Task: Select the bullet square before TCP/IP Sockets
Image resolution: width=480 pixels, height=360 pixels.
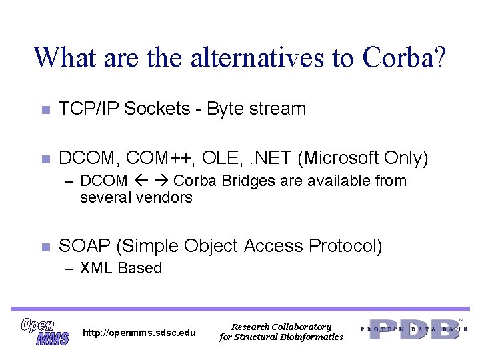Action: point(45,110)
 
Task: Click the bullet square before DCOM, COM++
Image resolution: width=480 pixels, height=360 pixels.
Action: point(45,159)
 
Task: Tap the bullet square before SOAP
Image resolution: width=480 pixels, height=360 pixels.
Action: point(45,247)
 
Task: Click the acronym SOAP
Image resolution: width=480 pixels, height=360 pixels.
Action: point(85,246)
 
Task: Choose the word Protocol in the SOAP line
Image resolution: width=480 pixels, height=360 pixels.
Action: point(345,246)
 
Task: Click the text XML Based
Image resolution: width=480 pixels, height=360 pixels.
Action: point(121,268)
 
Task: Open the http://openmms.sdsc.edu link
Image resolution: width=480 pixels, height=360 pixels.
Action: point(139,333)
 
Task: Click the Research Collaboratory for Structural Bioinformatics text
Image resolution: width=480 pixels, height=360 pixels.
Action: point(281,332)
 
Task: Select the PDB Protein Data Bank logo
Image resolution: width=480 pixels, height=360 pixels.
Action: point(414,329)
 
